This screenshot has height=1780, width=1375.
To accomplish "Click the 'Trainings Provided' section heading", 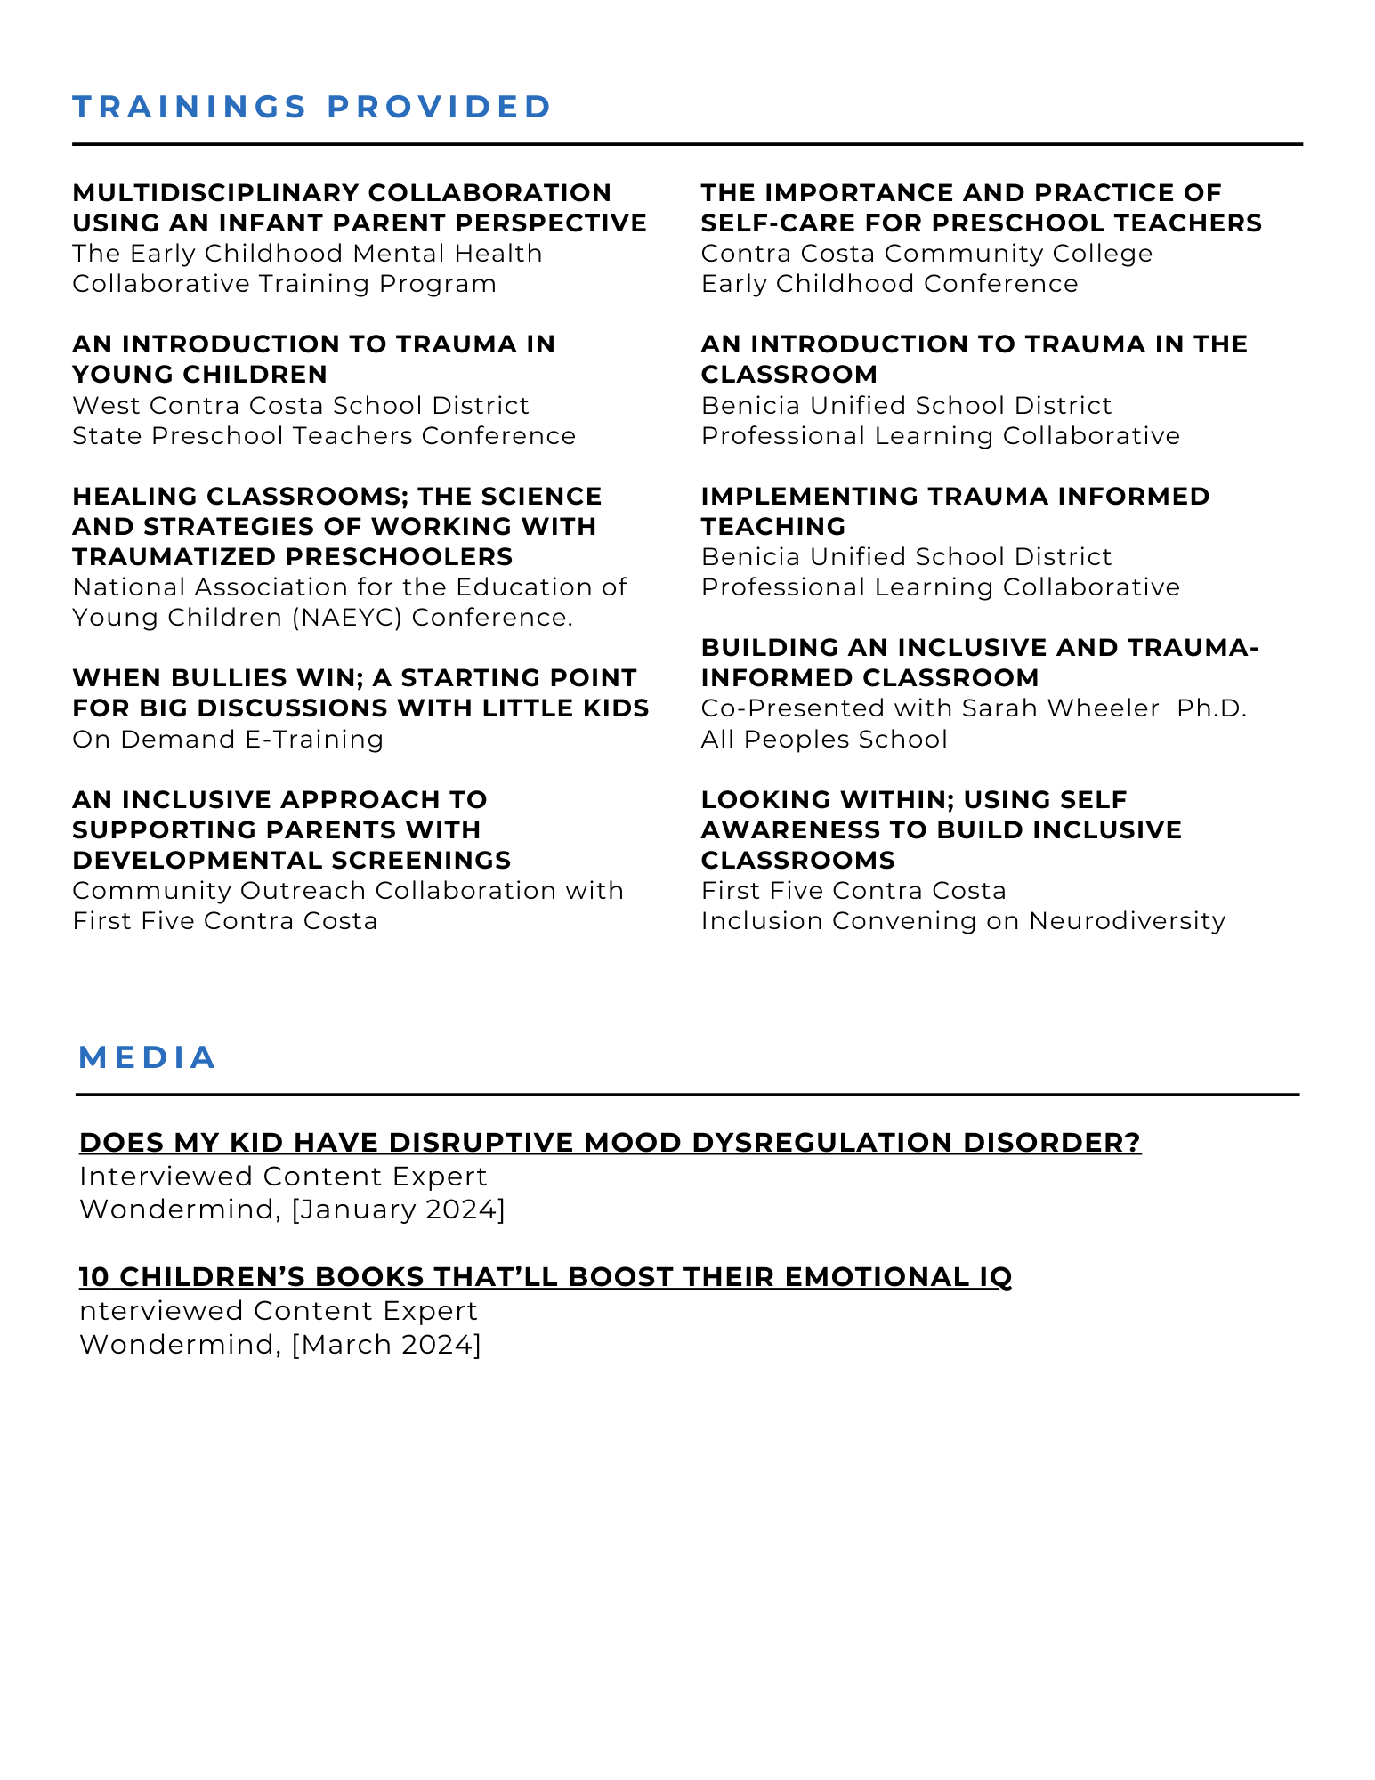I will coord(312,107).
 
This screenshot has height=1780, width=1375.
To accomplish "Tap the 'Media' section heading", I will coord(148,1057).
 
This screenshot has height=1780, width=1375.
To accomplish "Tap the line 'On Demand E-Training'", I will coord(228,740).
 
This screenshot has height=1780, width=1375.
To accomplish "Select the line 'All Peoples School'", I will coord(824,740).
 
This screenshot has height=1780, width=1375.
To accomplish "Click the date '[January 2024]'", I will coord(398,1210).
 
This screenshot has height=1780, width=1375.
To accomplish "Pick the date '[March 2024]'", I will coord(386,1344).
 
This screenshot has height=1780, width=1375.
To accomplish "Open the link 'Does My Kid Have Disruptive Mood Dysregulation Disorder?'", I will coord(610,1143).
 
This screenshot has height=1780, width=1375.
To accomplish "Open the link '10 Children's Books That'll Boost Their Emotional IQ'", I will coord(546,1277).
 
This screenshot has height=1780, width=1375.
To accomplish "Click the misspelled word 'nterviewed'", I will coord(160,1311).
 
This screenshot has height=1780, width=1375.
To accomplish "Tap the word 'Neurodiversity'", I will coord(1127,921).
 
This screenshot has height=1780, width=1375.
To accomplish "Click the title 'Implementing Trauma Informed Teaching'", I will coord(955,511).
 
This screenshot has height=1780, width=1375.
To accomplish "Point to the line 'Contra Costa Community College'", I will coord(926,254).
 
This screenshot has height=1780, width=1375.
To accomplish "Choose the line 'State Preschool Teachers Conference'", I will coord(324,436).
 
